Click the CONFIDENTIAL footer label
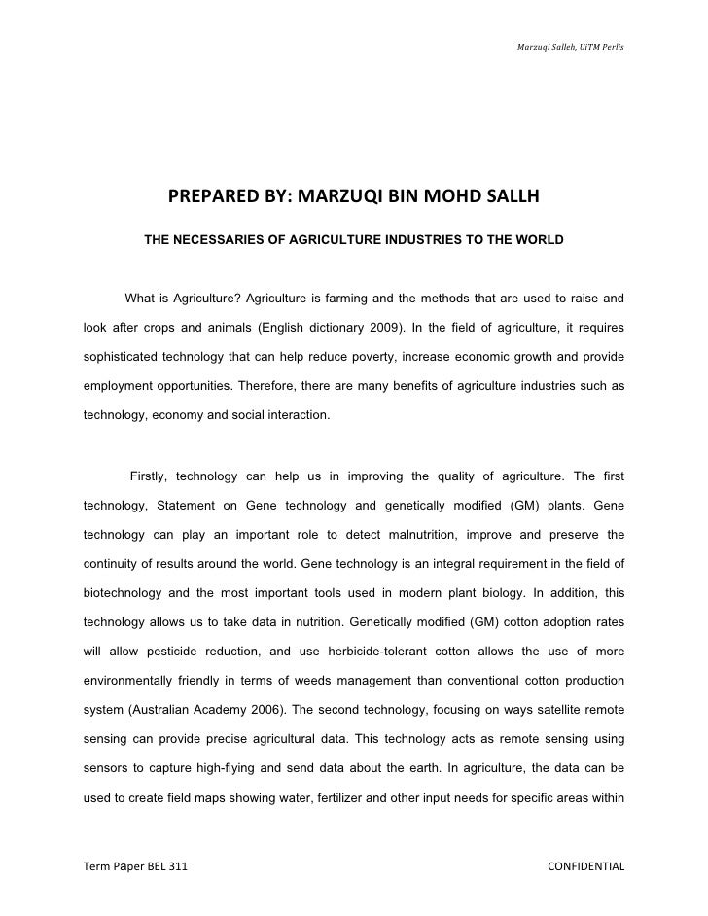[585, 866]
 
